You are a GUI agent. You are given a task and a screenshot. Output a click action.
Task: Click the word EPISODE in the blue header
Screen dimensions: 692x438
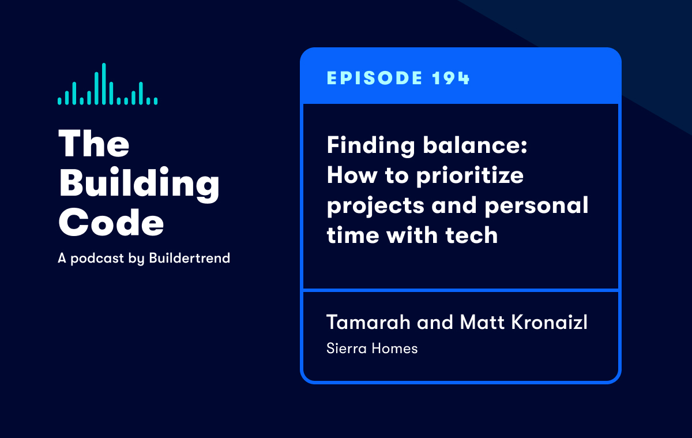[x=374, y=78]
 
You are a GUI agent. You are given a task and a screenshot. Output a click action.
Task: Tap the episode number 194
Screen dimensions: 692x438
[x=451, y=78]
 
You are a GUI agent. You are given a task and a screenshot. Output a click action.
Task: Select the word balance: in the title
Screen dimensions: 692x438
[x=475, y=145]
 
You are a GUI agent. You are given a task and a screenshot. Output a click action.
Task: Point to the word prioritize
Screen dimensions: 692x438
[x=469, y=176]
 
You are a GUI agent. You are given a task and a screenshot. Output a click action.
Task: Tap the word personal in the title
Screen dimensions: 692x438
[x=536, y=205]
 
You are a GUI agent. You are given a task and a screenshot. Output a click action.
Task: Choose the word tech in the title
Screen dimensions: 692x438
[x=472, y=235]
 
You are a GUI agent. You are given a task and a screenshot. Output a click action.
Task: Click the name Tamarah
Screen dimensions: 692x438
[x=368, y=322]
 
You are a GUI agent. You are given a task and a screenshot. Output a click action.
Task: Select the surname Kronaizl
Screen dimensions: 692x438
[x=549, y=322]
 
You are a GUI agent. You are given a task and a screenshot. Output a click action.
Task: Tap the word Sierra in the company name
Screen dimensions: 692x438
[x=347, y=349]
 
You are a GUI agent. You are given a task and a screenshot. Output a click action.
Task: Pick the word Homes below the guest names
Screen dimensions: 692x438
[x=394, y=349]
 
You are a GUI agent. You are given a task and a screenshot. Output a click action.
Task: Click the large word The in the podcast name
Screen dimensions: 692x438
[x=93, y=144]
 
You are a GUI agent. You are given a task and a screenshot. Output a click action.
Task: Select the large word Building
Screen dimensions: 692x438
[x=139, y=184]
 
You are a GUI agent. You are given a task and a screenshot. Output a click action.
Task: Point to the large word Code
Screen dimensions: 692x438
[x=111, y=222]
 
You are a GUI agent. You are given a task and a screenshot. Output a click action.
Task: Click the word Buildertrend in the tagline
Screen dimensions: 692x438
[x=189, y=258]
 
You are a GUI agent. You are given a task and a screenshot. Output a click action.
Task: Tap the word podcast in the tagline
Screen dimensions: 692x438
[x=97, y=259]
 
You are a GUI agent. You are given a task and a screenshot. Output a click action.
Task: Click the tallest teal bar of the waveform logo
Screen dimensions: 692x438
[x=104, y=84]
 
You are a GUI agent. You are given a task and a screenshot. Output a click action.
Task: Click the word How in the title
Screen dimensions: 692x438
[x=352, y=175]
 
